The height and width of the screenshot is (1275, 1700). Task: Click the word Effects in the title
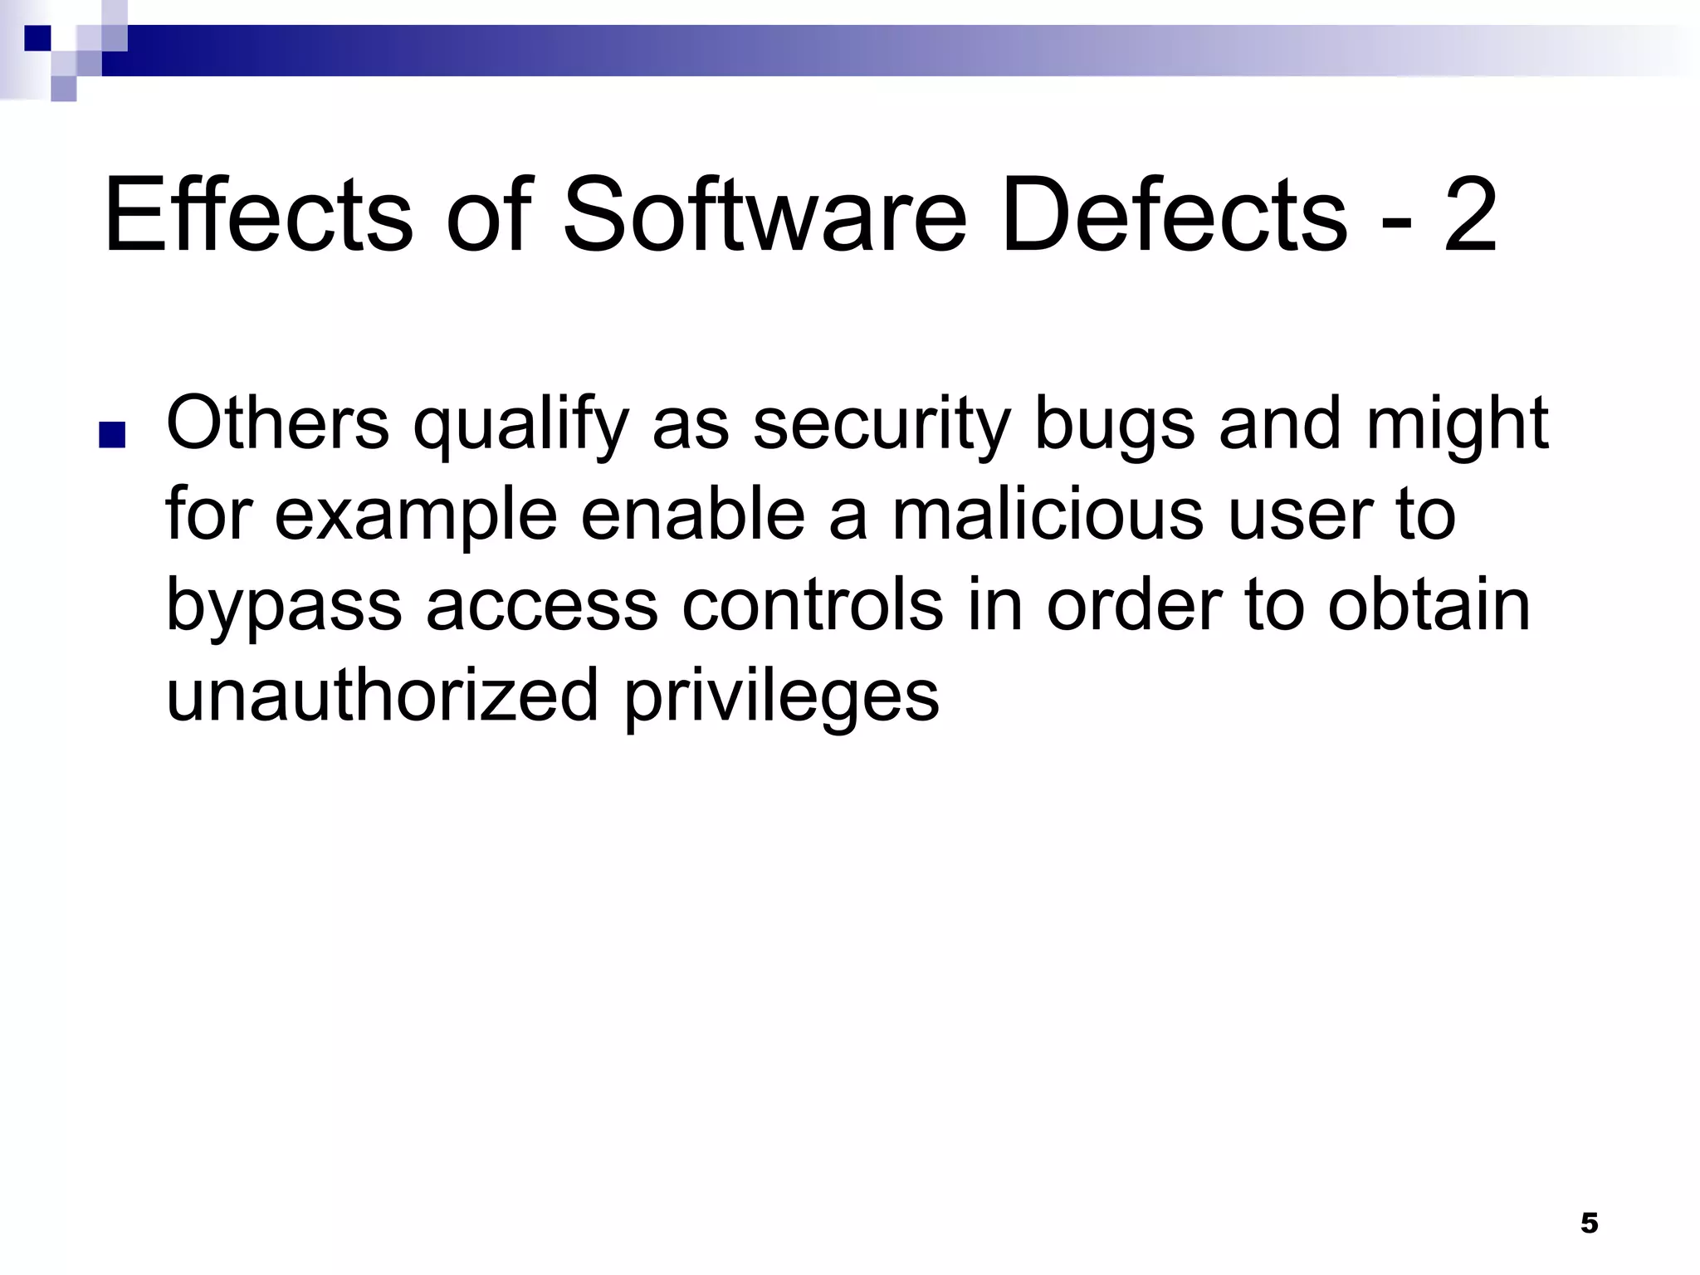257,216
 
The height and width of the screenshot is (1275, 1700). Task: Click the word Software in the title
765,216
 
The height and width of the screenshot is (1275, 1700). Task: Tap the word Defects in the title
1174,216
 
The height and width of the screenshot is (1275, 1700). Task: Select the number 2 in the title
1470,216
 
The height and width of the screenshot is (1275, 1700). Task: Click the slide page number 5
1589,1223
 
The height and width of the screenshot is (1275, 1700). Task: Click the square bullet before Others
111,435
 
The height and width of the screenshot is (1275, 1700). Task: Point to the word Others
277,423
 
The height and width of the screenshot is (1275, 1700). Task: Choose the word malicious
1047,515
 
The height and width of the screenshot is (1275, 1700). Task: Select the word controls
813,605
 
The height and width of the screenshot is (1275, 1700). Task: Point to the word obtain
1429,605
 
